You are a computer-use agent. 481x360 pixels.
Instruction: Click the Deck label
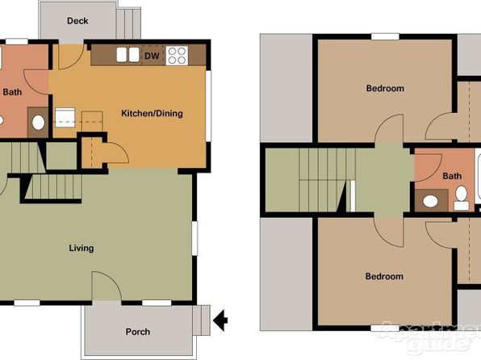(77, 21)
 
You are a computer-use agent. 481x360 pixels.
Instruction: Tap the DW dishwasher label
(152, 57)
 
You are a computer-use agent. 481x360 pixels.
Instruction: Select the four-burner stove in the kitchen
(177, 56)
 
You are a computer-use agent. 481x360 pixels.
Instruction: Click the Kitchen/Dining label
(152, 113)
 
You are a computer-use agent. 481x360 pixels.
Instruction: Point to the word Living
(82, 248)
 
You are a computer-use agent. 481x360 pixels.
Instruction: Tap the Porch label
(138, 332)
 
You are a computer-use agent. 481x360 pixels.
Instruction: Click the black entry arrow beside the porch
(220, 320)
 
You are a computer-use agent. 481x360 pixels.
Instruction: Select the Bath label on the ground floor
(12, 92)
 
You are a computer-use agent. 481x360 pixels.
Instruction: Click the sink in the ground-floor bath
(39, 123)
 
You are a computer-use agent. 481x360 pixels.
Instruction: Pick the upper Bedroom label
(385, 89)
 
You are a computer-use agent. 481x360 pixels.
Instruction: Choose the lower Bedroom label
(384, 276)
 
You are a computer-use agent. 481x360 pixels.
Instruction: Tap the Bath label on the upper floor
(452, 176)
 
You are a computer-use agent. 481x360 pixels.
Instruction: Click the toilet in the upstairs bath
(461, 198)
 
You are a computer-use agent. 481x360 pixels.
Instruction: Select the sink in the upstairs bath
(430, 201)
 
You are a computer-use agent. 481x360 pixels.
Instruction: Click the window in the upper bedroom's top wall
(385, 37)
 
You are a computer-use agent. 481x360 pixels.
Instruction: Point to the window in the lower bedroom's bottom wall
(385, 328)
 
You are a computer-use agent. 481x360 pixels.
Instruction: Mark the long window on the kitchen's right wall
(208, 107)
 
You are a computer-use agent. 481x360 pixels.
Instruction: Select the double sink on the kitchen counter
(128, 55)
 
